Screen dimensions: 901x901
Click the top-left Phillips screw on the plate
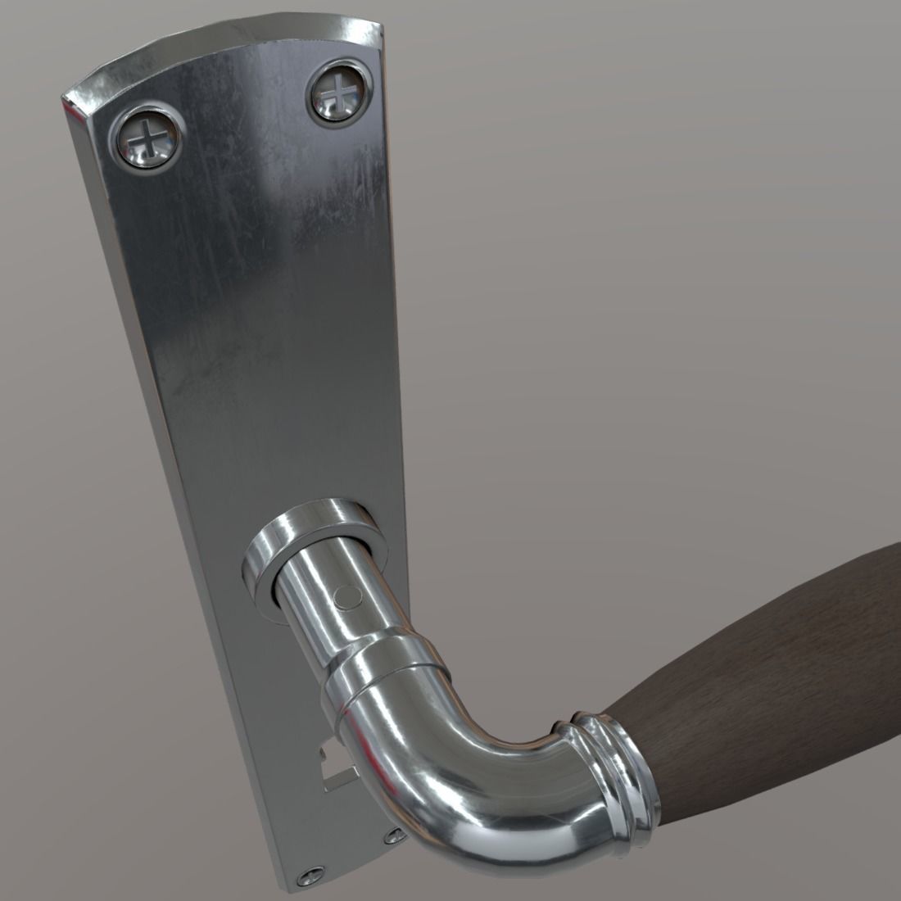[147, 138]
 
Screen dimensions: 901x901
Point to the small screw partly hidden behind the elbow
[395, 835]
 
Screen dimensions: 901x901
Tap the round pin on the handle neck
[345, 595]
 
